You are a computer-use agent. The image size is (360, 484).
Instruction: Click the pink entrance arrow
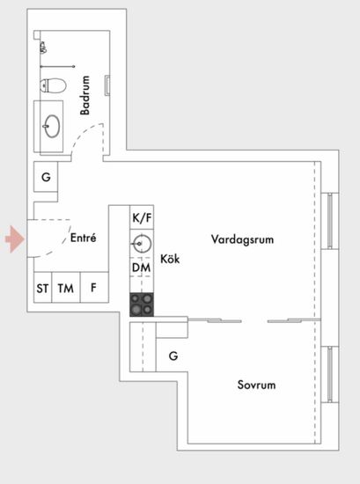point(15,239)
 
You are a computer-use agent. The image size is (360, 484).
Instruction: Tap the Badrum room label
point(84,95)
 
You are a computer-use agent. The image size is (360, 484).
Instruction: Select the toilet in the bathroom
point(53,85)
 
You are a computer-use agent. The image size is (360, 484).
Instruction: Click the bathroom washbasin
point(52,126)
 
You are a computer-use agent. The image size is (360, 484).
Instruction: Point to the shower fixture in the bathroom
point(43,48)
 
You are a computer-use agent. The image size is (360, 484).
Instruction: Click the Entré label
point(84,238)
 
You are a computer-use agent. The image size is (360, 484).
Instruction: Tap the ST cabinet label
point(42,289)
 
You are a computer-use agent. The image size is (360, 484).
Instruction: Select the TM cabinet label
point(66,289)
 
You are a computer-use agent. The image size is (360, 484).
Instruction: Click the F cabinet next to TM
point(94,288)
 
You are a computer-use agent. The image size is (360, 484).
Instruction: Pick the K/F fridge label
point(142,218)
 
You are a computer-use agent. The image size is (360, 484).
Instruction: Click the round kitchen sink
point(142,244)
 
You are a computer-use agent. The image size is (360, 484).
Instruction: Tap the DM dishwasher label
point(142,268)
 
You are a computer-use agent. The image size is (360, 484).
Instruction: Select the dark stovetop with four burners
point(142,304)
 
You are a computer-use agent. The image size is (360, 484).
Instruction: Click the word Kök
point(170,259)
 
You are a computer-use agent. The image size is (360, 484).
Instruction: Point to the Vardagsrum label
point(242,239)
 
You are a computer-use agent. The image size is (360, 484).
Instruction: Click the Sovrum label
point(256,385)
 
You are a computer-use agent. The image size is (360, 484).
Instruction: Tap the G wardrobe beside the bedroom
point(173,356)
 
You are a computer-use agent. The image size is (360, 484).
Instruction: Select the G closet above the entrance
point(46,177)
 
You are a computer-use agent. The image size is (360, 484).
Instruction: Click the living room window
point(330,221)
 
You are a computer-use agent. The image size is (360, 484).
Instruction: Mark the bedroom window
point(330,374)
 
